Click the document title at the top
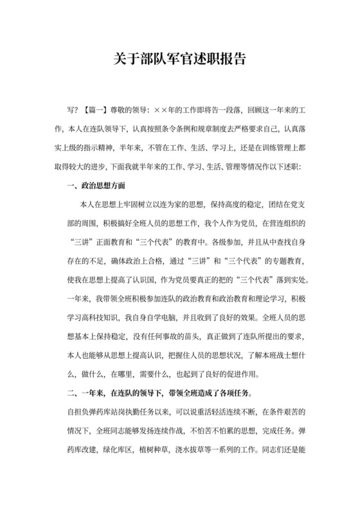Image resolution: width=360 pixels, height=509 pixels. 179,58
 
